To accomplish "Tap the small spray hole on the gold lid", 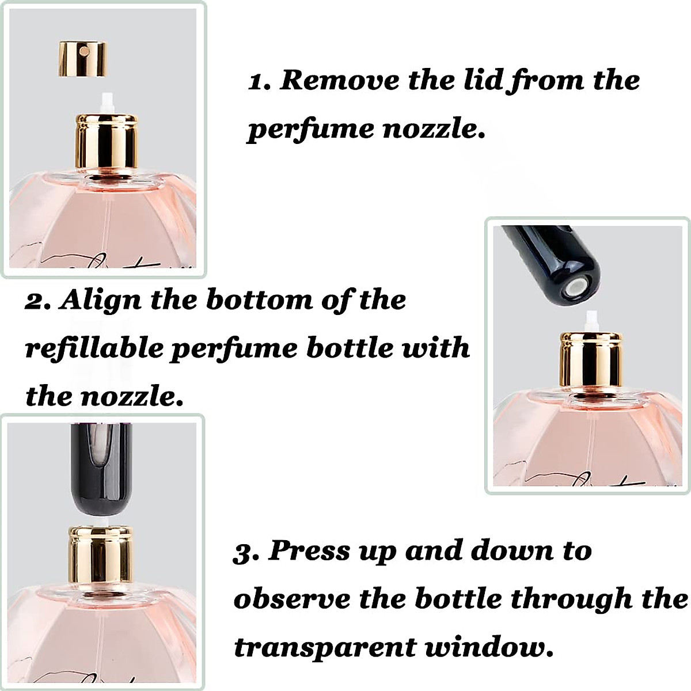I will [84, 51].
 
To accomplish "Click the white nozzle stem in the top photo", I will [107, 103].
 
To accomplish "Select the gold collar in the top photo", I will [107, 141].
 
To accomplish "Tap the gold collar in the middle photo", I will [591, 360].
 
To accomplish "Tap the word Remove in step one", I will [339, 79].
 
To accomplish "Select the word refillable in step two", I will [93, 349].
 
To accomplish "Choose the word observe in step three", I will [291, 599].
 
